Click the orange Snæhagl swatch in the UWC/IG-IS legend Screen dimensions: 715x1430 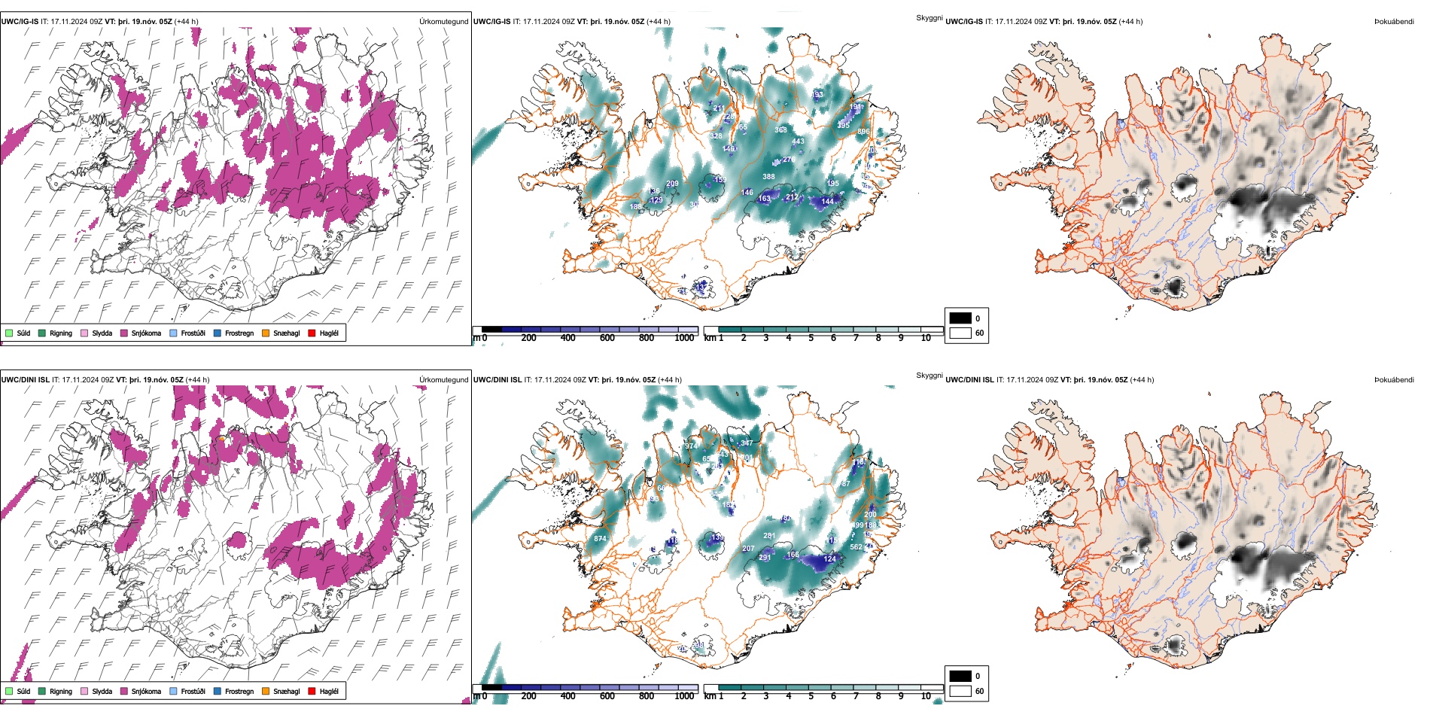[266, 333]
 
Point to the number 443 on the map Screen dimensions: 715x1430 [798, 141]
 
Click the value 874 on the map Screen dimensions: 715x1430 [600, 539]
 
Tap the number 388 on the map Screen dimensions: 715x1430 [768, 177]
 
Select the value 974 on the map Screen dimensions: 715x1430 [690, 446]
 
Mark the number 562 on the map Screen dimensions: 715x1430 [856, 547]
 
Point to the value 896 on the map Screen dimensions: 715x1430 [863, 132]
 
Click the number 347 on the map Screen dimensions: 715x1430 [747, 443]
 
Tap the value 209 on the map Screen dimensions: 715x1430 [672, 184]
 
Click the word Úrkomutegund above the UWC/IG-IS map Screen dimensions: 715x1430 [443, 22]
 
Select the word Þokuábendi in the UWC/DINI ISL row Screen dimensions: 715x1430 [1394, 380]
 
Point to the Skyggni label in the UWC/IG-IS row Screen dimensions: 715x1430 [929, 18]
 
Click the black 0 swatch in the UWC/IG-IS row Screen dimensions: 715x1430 [960, 318]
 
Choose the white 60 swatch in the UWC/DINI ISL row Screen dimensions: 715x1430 [960, 691]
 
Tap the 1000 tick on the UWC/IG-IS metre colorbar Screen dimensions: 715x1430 [684, 338]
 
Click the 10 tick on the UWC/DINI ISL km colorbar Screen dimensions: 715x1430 [926, 696]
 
